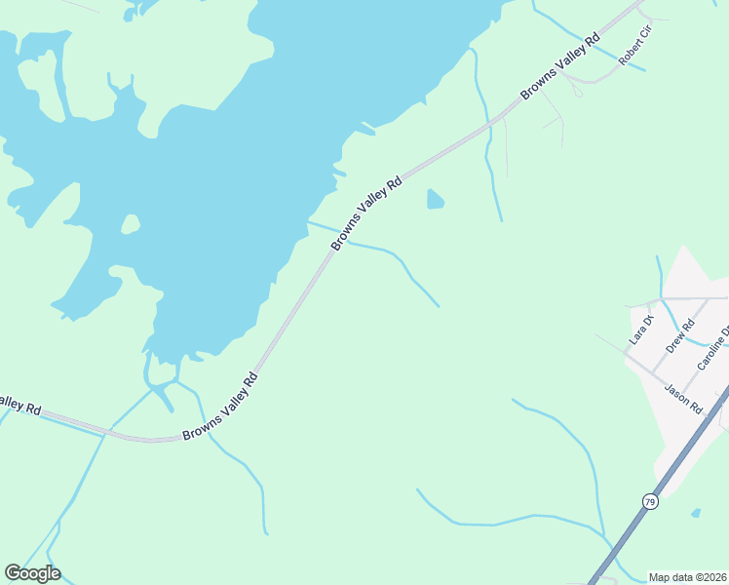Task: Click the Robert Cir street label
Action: (634, 46)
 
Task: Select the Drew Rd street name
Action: (679, 335)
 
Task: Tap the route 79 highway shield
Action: (650, 501)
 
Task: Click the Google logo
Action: (32, 573)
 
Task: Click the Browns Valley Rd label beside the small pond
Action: (366, 213)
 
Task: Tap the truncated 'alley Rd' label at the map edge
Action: (19, 405)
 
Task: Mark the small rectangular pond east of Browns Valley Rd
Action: (435, 200)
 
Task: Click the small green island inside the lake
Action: (130, 224)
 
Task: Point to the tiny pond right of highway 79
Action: (695, 512)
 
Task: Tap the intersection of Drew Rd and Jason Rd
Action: (652, 372)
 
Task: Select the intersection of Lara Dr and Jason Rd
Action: (625, 353)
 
